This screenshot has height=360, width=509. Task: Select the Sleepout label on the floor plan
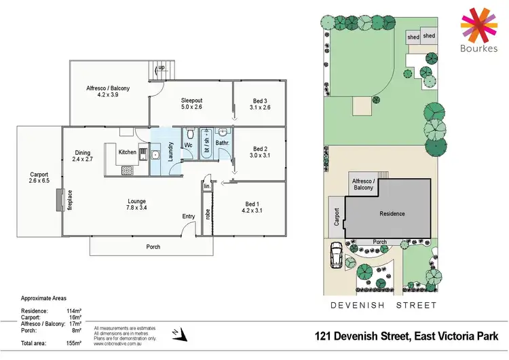[x=192, y=99]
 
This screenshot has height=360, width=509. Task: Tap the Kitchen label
[x=128, y=152]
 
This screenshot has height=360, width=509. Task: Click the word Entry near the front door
[x=188, y=216]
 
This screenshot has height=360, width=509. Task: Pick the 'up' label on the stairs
[x=162, y=67]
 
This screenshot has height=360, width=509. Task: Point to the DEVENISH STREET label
[x=383, y=305]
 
